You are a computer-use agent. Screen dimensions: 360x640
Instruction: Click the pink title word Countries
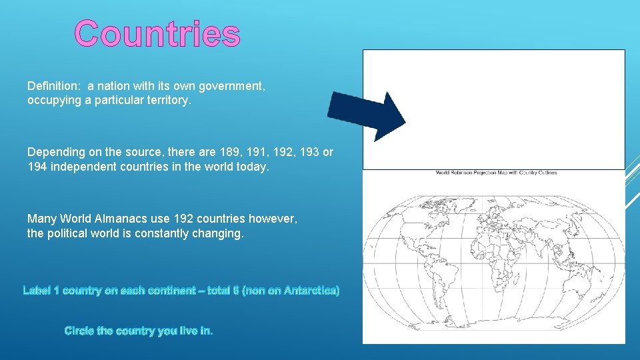point(157,34)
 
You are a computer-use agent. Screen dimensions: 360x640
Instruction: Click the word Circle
point(79,331)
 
